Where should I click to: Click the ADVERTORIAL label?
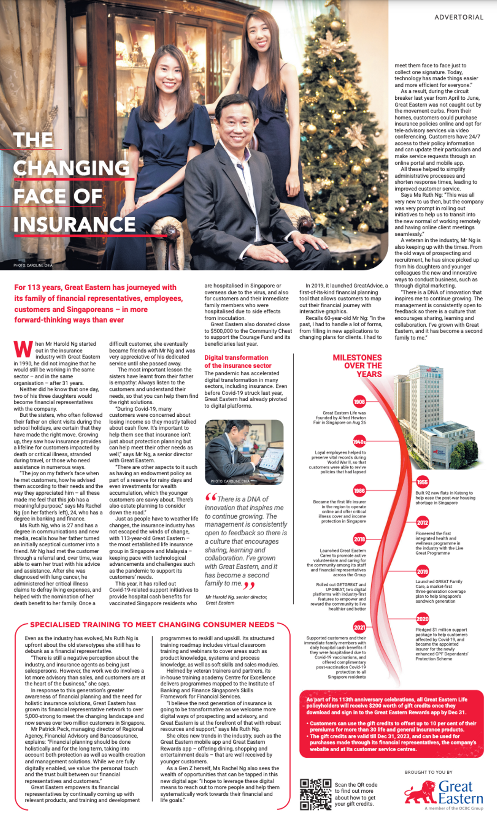click(459, 17)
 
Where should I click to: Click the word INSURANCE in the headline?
click(75, 224)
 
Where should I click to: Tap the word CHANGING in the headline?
click(71, 168)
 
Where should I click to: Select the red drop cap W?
click(23, 349)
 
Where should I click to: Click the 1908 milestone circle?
click(359, 401)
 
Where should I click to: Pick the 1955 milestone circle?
click(422, 482)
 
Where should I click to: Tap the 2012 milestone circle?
click(422, 523)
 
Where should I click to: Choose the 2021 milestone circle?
click(359, 627)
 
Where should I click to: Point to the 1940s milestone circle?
click(359, 442)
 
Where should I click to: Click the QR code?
click(315, 794)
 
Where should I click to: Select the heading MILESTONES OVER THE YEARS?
click(357, 366)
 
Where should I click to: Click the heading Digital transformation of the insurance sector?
click(238, 361)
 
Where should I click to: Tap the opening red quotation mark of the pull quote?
click(211, 497)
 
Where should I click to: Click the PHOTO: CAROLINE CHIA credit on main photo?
click(33, 265)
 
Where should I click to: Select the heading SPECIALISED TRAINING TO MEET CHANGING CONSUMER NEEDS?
click(152, 625)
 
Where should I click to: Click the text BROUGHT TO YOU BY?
click(428, 772)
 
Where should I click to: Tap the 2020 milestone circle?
click(422, 619)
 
